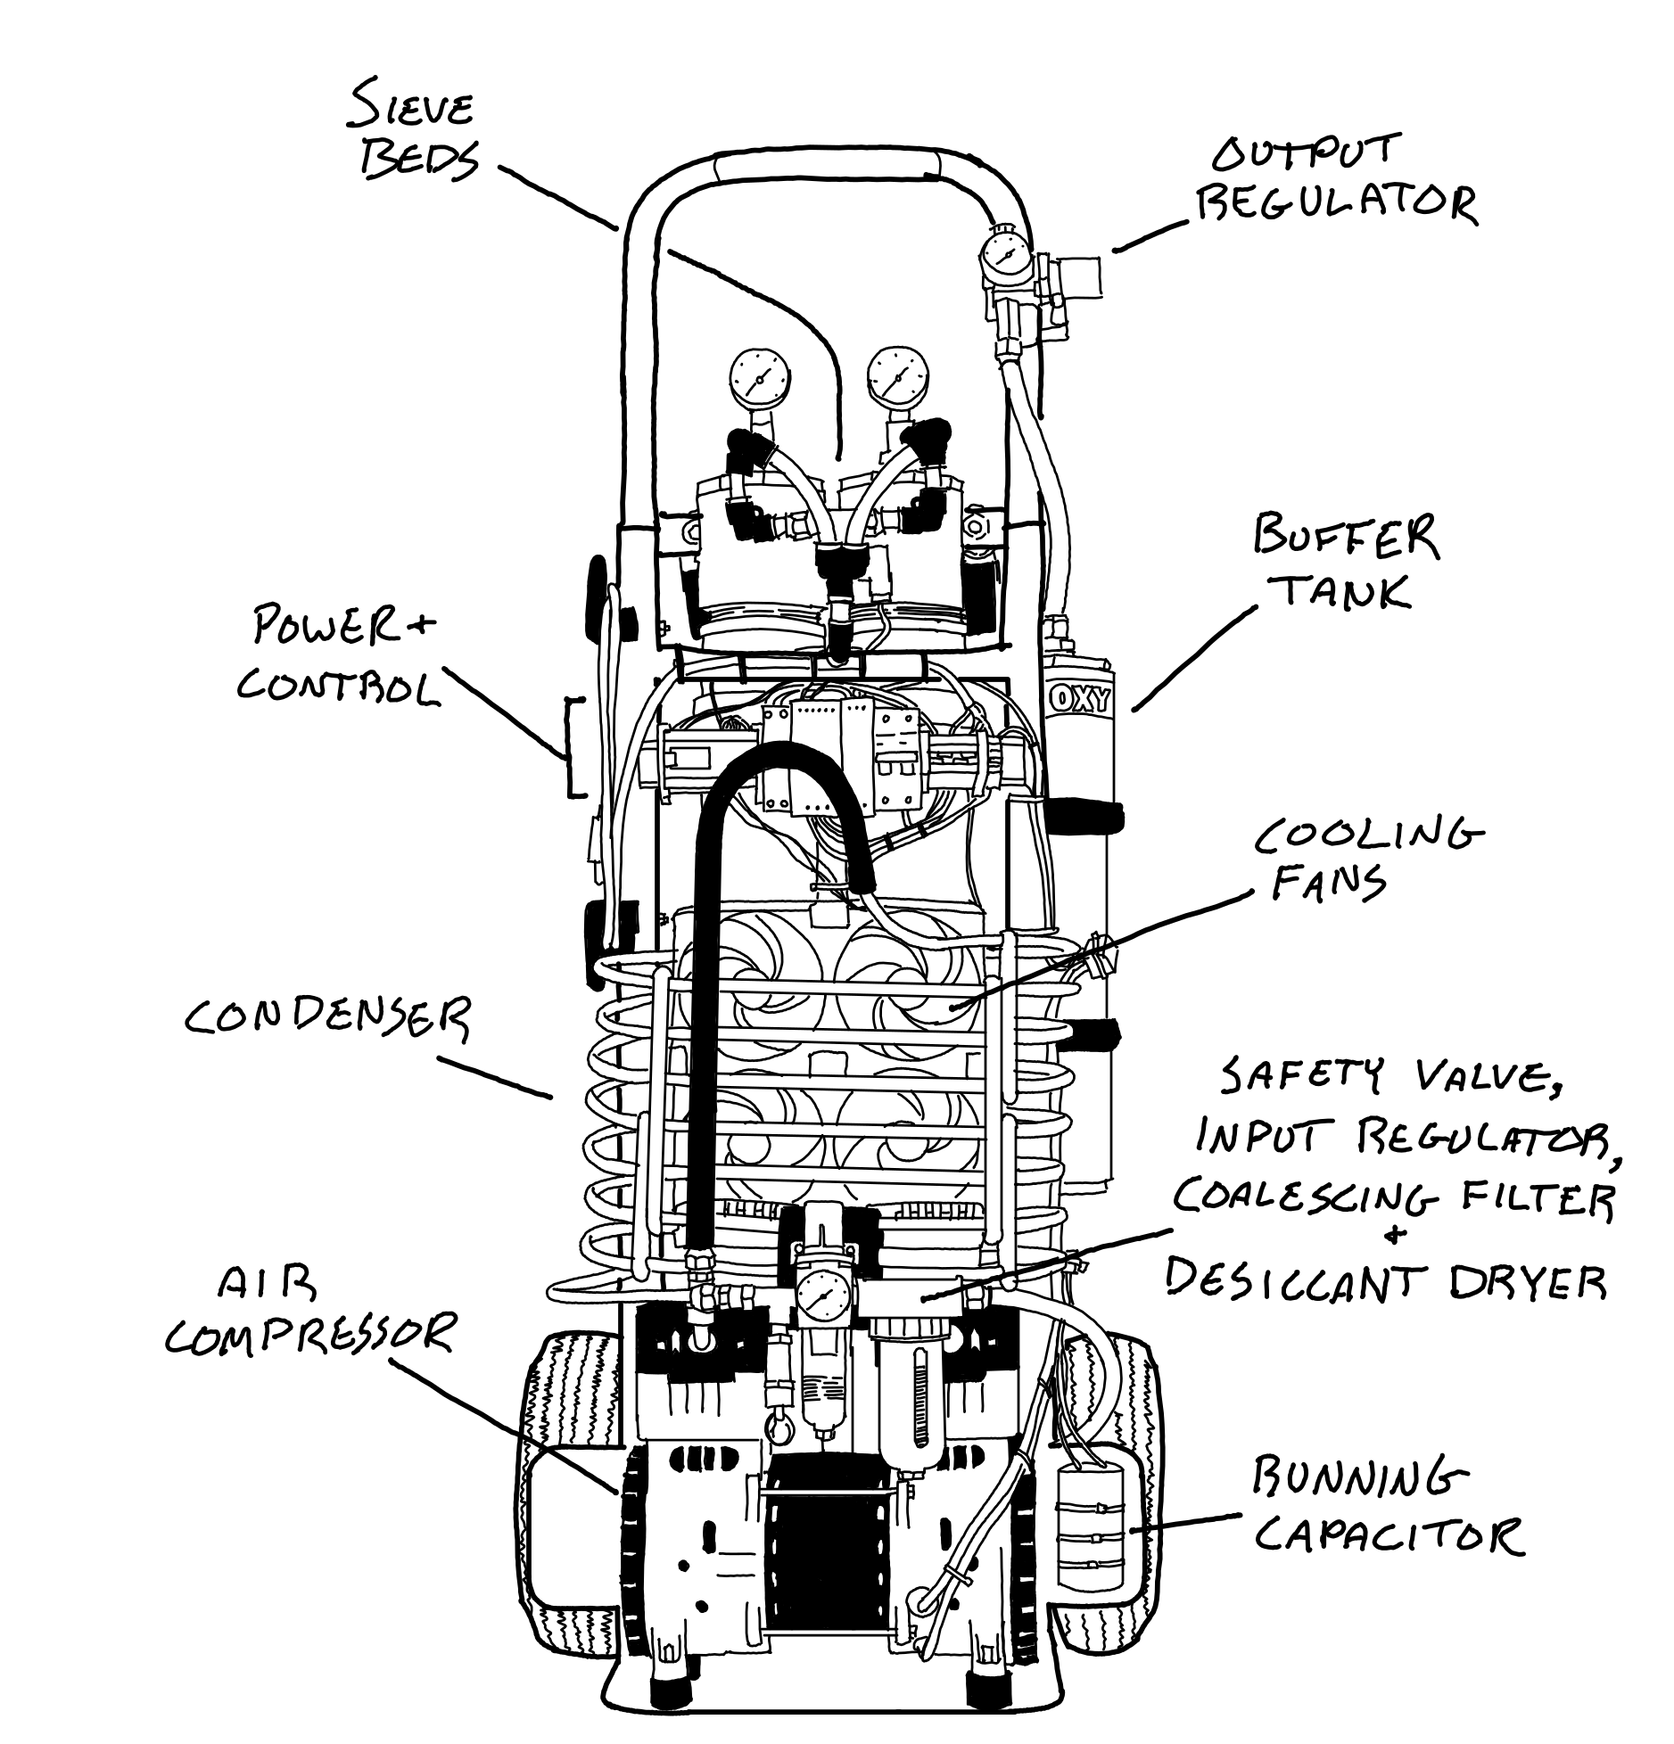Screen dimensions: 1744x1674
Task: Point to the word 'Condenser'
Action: (326, 1016)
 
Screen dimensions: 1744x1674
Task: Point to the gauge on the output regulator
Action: (1007, 259)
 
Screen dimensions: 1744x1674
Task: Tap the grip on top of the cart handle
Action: (826, 166)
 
